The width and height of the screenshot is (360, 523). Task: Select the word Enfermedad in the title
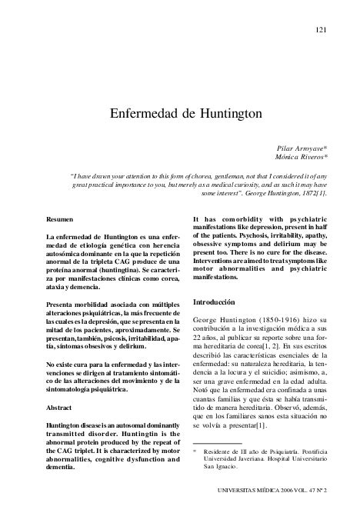tap(144, 113)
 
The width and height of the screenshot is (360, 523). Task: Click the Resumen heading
tap(60, 218)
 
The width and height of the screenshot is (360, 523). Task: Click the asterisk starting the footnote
tap(195, 451)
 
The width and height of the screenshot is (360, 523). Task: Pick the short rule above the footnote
tap(217, 441)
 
